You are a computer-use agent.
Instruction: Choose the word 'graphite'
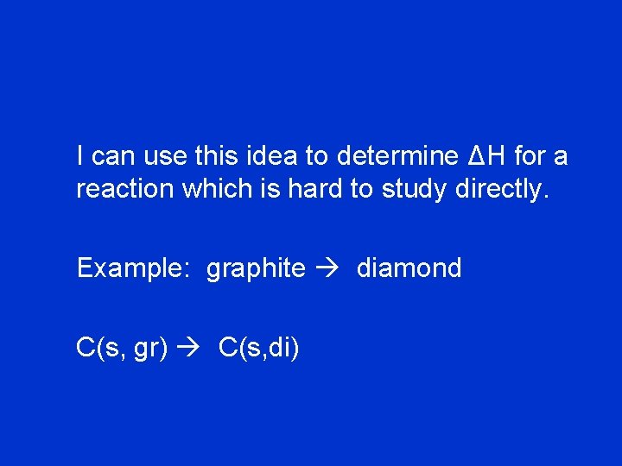click(x=256, y=268)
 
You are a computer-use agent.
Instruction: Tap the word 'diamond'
click(x=409, y=268)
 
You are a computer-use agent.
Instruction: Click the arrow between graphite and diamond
click(x=331, y=268)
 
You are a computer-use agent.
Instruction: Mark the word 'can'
click(x=113, y=157)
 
